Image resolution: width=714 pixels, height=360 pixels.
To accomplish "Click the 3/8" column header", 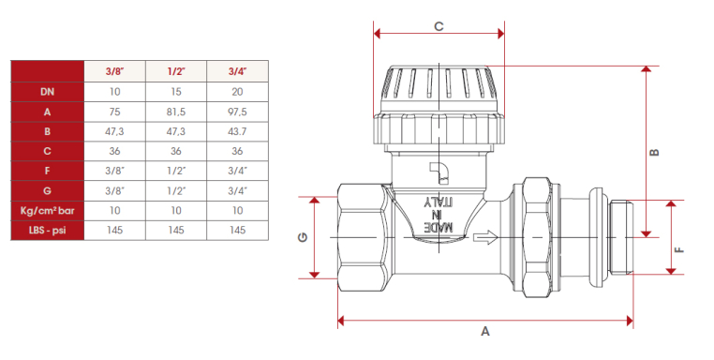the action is [x=114, y=71].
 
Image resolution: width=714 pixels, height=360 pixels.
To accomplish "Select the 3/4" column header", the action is [x=237, y=71].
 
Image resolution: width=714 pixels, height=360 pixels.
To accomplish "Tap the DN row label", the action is [x=48, y=92].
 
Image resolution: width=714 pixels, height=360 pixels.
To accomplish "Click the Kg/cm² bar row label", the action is [x=48, y=211].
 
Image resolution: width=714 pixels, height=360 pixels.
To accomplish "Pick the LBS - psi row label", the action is [x=48, y=230].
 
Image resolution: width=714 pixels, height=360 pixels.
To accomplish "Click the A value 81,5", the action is [x=176, y=112].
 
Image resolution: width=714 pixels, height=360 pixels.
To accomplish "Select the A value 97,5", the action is [x=237, y=112].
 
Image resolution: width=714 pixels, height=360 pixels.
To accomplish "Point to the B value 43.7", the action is [x=237, y=131].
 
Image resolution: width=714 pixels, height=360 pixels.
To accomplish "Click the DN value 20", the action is [x=237, y=92].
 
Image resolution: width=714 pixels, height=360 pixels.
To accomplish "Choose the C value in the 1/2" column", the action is [x=176, y=151].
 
